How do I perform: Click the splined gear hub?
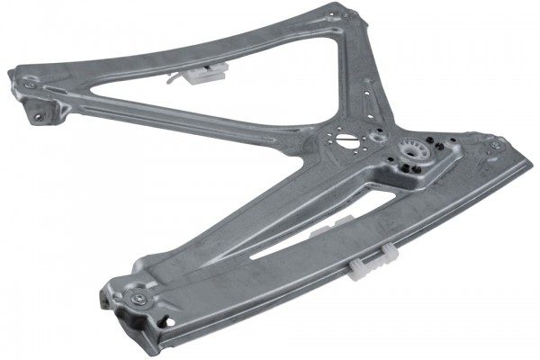[416, 155]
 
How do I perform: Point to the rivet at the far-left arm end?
[31, 83]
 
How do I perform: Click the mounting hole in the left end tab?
[39, 115]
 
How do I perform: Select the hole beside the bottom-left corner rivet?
[164, 320]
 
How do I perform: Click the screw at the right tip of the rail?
[494, 145]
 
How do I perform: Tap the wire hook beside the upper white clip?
[172, 78]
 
